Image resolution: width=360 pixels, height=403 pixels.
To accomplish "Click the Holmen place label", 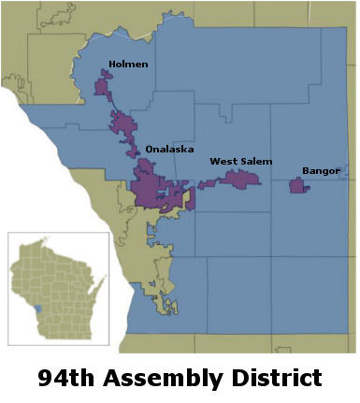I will click(x=128, y=65).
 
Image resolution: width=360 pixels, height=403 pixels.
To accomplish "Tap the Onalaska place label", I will click(x=166, y=149).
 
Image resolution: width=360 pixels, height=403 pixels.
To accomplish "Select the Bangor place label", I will click(x=321, y=170).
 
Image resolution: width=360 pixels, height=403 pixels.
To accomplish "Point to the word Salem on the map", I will click(x=256, y=162).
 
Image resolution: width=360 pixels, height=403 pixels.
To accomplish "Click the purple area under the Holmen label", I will click(x=104, y=86).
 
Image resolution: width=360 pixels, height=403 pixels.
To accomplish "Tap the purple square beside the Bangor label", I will click(x=298, y=186).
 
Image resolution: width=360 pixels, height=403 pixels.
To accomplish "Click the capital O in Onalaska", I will click(x=149, y=149).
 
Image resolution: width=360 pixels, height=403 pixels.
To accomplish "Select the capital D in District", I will click(x=233, y=378).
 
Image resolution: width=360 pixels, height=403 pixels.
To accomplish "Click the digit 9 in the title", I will click(x=46, y=378).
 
